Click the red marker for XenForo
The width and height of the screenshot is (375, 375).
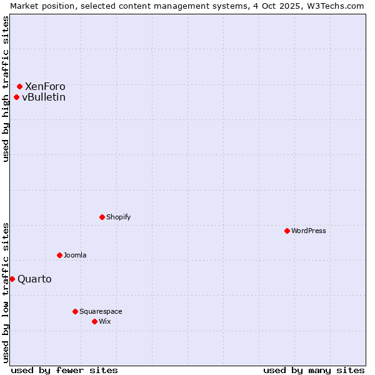coord(20,86)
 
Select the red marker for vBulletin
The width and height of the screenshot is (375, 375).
coord(16,97)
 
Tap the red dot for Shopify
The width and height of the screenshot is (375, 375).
coord(102,217)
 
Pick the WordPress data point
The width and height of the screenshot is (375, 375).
coord(287,231)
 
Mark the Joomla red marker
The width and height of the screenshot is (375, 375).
coord(59,255)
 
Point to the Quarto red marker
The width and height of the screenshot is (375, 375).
coord(12,279)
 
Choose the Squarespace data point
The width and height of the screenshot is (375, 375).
coord(75,311)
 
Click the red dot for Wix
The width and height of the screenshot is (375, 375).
coord(94,321)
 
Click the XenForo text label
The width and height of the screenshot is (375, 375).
coord(45,86)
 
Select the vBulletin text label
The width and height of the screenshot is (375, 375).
coord(44,97)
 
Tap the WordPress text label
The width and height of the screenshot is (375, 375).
coord(309,231)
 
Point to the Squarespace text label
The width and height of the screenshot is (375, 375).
coord(101,311)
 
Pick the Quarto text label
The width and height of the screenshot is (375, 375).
coord(34,279)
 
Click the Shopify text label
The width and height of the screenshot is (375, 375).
coord(119,217)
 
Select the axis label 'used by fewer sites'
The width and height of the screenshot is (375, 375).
coord(64,370)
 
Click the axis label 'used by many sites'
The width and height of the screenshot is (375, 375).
coord(314,370)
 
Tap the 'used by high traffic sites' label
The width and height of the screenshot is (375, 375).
coord(6,89)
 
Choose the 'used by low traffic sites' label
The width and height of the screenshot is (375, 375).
coord(6,292)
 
